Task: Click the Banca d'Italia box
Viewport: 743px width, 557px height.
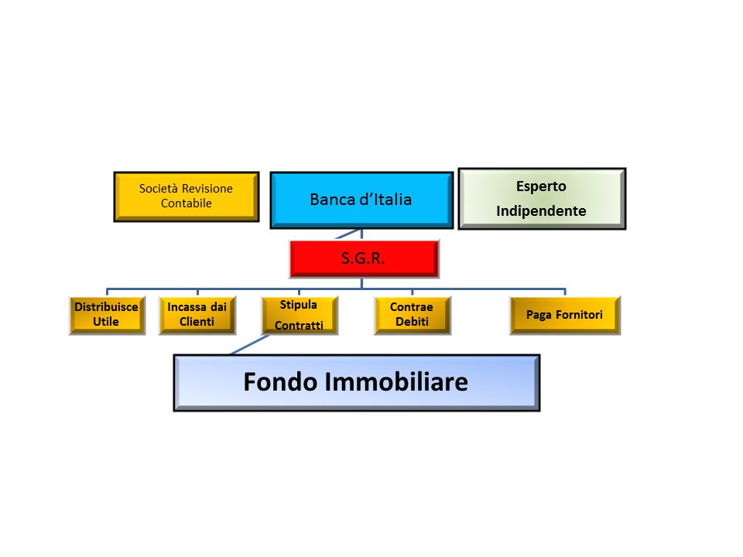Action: tap(361, 200)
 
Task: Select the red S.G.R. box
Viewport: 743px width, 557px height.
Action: tap(364, 258)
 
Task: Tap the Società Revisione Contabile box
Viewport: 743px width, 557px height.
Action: tap(186, 196)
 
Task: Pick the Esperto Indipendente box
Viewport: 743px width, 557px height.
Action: tap(542, 199)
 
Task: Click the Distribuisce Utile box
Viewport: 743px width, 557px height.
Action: tap(107, 314)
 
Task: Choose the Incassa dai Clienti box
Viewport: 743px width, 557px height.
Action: tap(197, 314)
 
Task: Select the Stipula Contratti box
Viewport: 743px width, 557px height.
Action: tap(298, 315)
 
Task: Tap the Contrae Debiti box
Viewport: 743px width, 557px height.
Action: tap(412, 314)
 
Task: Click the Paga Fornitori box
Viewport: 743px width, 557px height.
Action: tap(564, 315)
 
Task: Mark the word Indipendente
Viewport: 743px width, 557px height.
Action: tap(541, 210)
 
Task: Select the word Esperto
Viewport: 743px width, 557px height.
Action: tap(541, 186)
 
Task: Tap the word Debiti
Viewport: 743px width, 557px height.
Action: tap(412, 322)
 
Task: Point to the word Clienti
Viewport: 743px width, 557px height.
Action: tap(197, 322)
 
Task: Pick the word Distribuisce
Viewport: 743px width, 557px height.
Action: tap(107, 306)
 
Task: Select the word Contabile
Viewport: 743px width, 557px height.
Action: tap(186, 203)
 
